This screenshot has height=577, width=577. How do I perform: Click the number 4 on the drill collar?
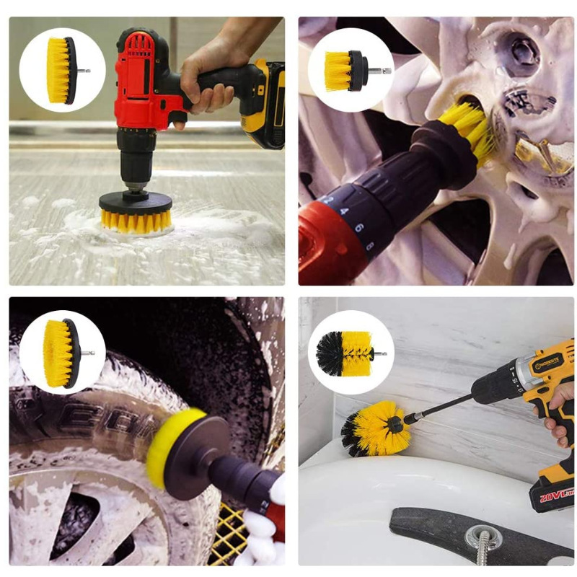click(x=344, y=211)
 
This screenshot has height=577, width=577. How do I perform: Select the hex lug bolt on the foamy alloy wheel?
click(x=521, y=51)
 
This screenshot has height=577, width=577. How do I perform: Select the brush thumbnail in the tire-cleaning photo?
click(x=61, y=353)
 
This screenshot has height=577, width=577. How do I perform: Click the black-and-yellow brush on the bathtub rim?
click(x=376, y=428)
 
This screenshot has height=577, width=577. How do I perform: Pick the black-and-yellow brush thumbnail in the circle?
click(x=351, y=353)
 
